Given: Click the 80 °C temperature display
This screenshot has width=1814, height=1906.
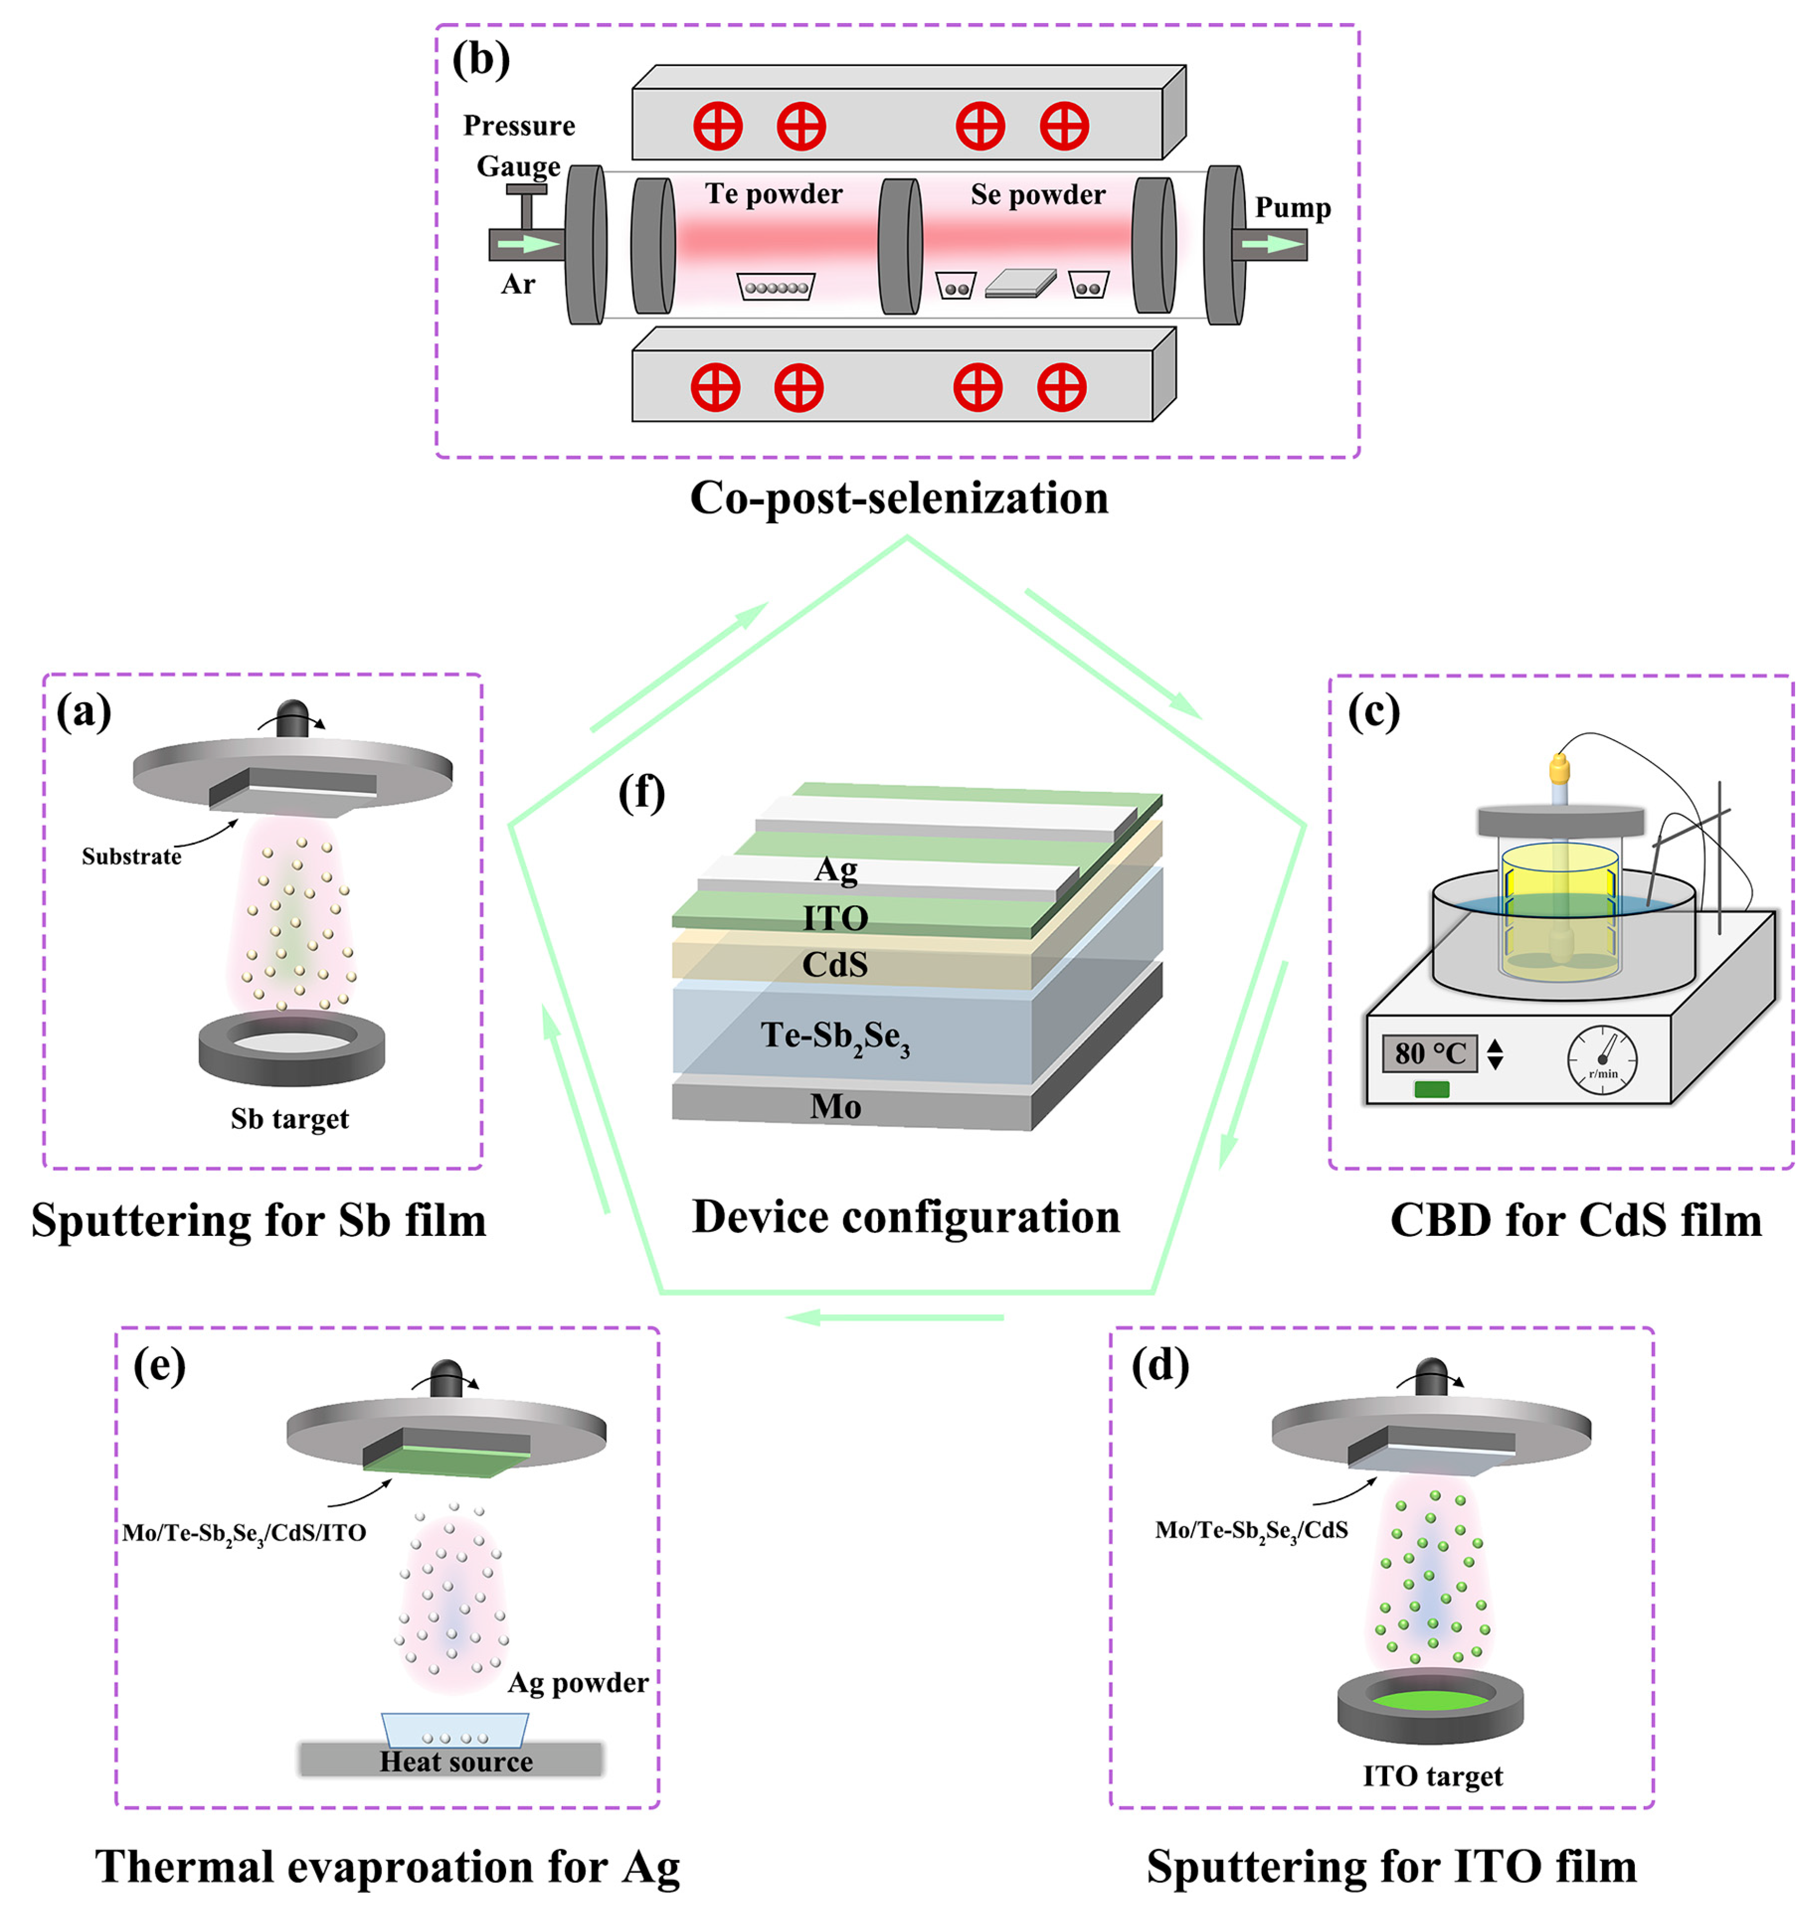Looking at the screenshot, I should click(x=1429, y=1053).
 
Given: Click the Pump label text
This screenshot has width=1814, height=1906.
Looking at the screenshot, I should click(x=1292, y=208).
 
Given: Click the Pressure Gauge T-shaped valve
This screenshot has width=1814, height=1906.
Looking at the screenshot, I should click(x=526, y=203).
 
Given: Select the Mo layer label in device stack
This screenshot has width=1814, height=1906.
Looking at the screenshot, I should click(x=835, y=1106).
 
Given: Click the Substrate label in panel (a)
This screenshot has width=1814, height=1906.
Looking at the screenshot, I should click(x=132, y=856).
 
